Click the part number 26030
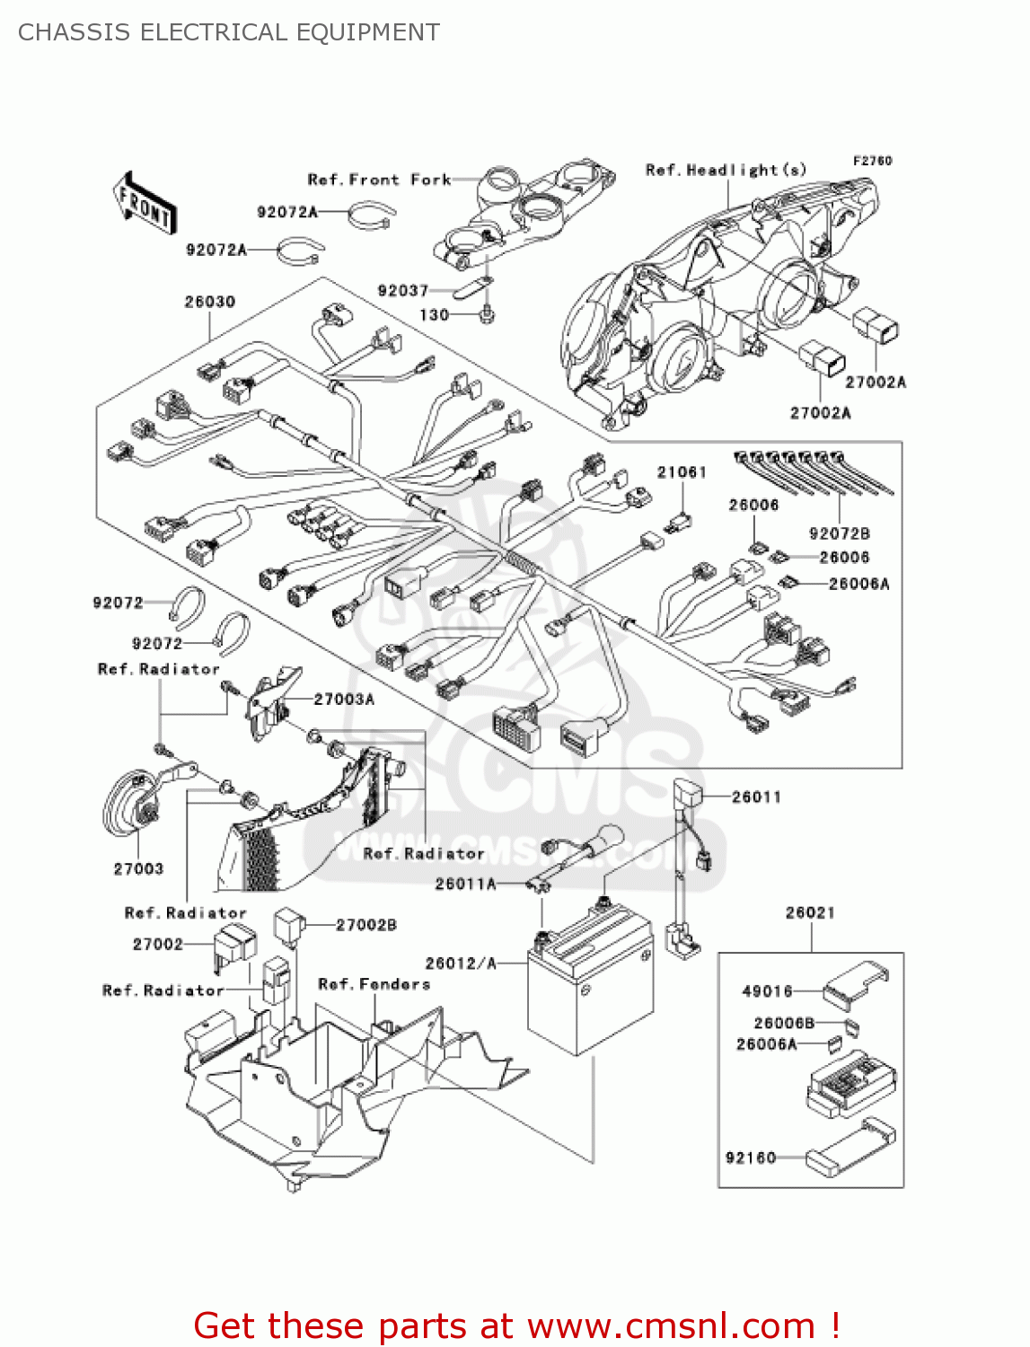point(209,302)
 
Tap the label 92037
point(402,290)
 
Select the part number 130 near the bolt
point(434,315)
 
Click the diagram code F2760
point(872,161)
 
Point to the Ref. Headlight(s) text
point(726,170)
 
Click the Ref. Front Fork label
point(378,180)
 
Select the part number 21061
point(682,472)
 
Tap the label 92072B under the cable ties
point(839,533)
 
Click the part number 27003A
point(344,699)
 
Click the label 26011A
point(465,884)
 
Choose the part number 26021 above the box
point(810,912)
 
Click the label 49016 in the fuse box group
point(767,991)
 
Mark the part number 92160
point(750,1158)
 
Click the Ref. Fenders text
point(374,984)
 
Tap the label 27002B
point(365,925)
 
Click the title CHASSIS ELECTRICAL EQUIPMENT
point(229,32)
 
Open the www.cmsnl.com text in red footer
point(671,1325)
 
